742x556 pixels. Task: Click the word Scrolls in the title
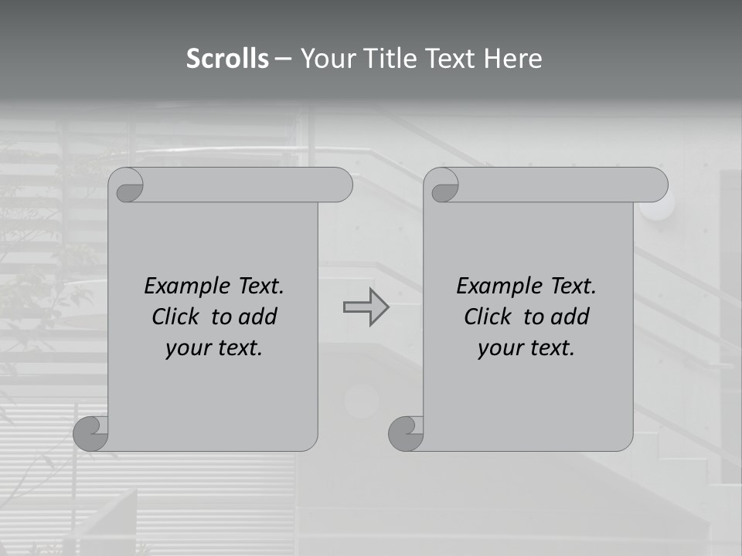[x=227, y=59]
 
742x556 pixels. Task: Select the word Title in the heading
[x=391, y=59]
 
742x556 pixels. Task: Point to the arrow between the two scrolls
[x=366, y=307]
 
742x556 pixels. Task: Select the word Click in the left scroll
[x=177, y=317]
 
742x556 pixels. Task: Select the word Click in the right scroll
[x=488, y=317]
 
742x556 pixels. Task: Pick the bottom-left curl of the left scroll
[x=91, y=433]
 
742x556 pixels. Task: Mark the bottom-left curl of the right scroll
[x=405, y=433]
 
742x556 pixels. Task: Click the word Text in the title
[x=451, y=59]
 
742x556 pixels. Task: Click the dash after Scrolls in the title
[x=284, y=59]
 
